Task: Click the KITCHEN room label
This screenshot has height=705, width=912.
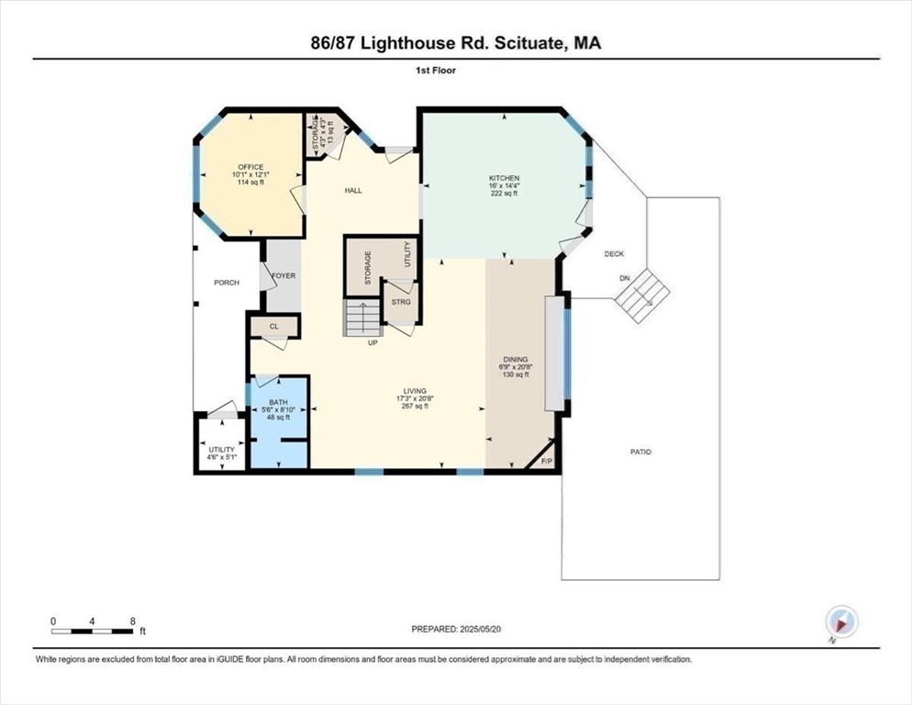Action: point(505,178)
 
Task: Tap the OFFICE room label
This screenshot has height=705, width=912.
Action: point(250,167)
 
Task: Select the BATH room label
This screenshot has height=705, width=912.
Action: point(277,402)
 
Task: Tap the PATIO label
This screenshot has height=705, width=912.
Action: point(640,452)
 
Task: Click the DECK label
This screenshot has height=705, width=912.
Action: point(614,253)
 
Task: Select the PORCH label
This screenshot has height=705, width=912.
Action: point(226,283)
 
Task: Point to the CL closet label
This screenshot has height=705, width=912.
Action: point(273,326)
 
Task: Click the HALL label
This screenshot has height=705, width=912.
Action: point(353,191)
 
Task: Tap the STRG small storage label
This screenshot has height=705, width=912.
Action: point(400,301)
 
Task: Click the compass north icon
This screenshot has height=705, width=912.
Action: point(840,622)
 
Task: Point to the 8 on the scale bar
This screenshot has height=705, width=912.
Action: point(134,621)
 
